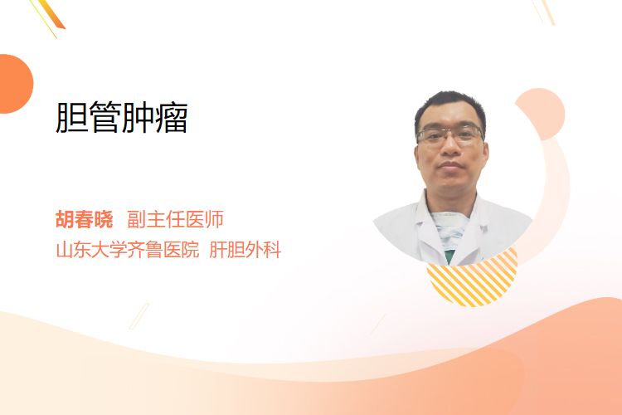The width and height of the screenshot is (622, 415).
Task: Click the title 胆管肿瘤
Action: pyautogui.click(x=121, y=117)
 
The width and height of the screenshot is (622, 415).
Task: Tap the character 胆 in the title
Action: pyautogui.click(x=71, y=117)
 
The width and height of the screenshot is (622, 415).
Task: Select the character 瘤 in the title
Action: pyautogui.click(x=172, y=117)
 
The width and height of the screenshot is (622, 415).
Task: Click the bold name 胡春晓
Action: pyautogui.click(x=84, y=219)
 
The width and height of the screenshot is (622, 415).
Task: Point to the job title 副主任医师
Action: pyautogui.click(x=175, y=219)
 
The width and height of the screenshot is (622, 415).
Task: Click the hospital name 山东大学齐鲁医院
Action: pyautogui.click(x=128, y=250)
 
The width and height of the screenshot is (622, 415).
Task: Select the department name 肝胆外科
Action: pyautogui.click(x=245, y=250)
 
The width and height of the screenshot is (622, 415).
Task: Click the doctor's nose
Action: pyautogui.click(x=450, y=148)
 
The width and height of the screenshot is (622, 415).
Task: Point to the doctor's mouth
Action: pyautogui.click(x=450, y=165)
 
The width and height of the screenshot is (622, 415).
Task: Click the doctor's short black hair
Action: pyautogui.click(x=449, y=107)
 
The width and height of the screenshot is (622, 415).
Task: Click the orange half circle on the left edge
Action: pyautogui.click(x=15, y=84)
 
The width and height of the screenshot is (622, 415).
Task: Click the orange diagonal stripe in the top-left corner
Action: pyautogui.click(x=51, y=15)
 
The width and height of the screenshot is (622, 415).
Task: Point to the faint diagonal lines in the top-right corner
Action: pyautogui.click(x=543, y=12)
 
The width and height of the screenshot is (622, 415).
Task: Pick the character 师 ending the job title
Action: pyautogui.click(x=215, y=219)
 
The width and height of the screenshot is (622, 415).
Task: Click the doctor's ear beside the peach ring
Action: pyautogui.click(x=485, y=153)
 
